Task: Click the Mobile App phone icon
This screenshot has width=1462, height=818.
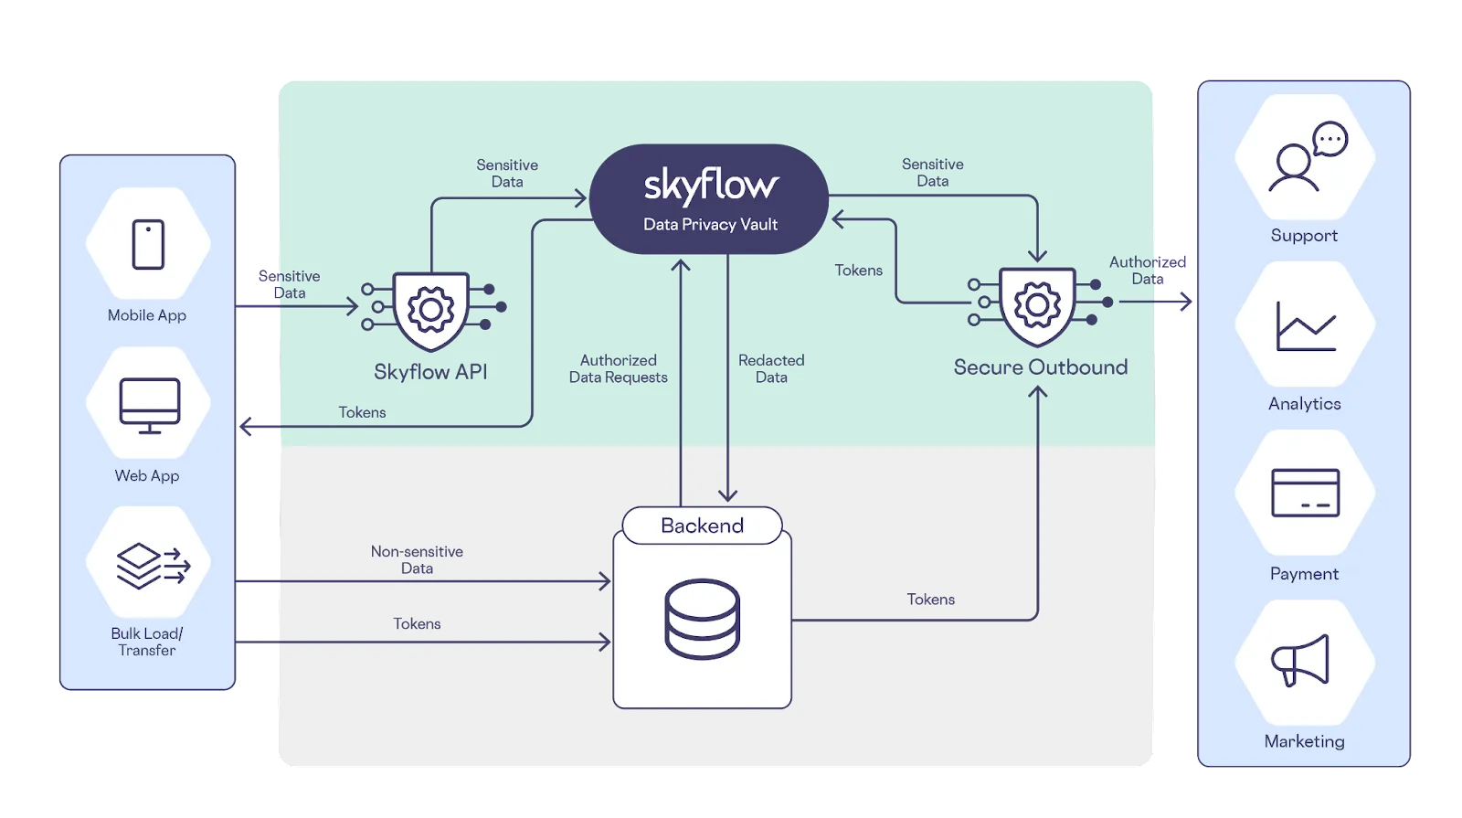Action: tap(148, 244)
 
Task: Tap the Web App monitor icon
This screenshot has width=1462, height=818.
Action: tap(150, 406)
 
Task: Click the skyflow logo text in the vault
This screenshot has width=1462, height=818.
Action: tap(711, 186)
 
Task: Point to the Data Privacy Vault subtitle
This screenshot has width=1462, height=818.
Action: tap(710, 225)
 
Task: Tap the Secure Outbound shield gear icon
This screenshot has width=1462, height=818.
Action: tap(1037, 305)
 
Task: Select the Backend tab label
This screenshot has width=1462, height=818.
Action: tap(702, 526)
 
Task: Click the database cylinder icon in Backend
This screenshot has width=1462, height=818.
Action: tap(702, 619)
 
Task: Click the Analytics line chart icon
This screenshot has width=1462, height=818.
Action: tap(1306, 326)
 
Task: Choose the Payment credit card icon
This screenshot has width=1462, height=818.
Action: tap(1305, 493)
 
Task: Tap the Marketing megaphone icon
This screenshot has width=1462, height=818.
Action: tap(1301, 660)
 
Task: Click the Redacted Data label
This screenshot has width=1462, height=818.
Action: tap(771, 369)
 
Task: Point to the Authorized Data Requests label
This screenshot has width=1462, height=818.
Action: tap(619, 369)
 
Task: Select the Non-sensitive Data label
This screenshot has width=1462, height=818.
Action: tap(417, 559)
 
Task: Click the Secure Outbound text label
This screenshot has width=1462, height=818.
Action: tap(1040, 367)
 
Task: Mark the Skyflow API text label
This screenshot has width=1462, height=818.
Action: tap(430, 372)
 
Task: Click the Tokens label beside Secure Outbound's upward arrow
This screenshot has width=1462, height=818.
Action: tap(930, 600)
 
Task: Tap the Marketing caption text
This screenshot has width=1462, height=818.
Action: tap(1304, 741)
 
